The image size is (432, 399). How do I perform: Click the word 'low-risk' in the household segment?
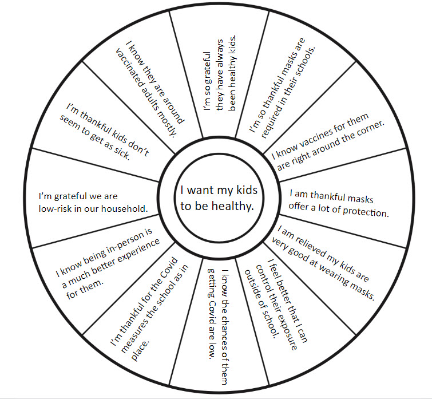point(62,208)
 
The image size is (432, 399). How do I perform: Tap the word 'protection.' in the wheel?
point(365,212)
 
